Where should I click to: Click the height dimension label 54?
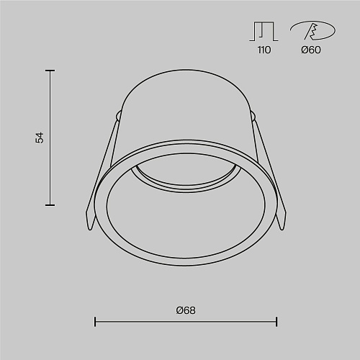click(40, 138)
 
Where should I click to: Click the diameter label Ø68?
click(186, 310)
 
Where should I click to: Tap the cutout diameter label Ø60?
click(311, 50)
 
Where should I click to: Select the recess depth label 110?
click(264, 50)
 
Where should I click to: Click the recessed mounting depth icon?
click(264, 32)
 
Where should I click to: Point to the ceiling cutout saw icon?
click(313, 30)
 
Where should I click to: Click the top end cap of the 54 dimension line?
click(50, 71)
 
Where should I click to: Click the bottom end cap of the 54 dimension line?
click(50, 205)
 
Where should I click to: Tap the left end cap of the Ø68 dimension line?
click(95, 322)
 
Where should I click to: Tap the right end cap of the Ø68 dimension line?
click(276, 322)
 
